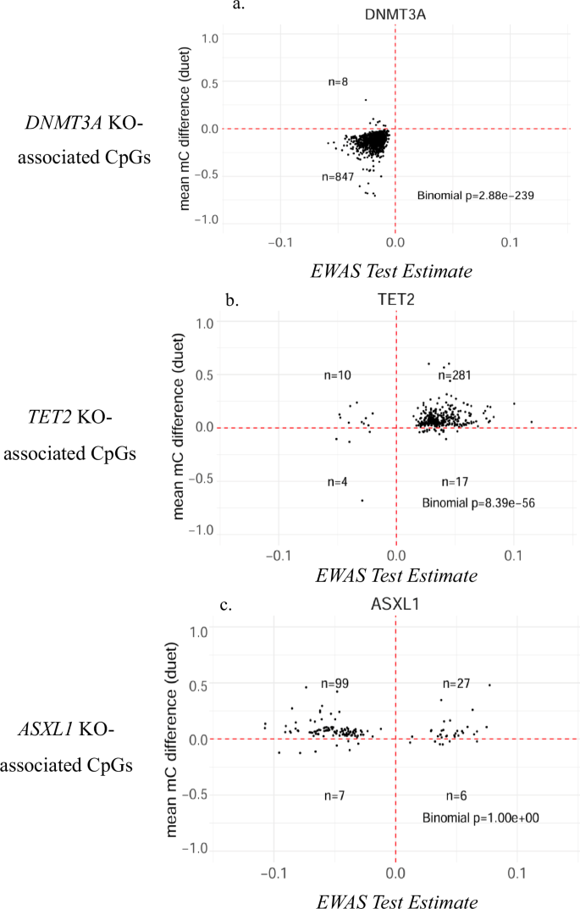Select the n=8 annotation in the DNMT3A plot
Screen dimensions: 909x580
click(x=339, y=82)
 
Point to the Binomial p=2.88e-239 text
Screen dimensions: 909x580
click(x=474, y=196)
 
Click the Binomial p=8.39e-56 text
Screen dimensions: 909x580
click(x=478, y=502)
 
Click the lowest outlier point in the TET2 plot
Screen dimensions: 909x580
click(x=362, y=501)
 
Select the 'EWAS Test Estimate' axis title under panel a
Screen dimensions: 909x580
click(x=394, y=270)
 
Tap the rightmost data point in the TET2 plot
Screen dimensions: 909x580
click(x=532, y=422)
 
